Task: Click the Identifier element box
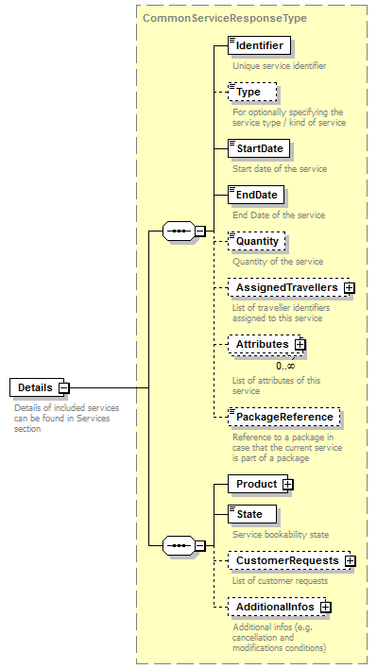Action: [258, 45]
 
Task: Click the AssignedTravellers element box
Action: [286, 287]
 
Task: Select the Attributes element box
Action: [262, 345]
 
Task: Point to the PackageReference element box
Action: [283, 417]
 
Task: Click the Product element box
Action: [256, 484]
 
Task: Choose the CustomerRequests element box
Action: [286, 560]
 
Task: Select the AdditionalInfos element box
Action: [274, 607]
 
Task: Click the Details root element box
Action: [35, 387]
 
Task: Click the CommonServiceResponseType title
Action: [224, 17]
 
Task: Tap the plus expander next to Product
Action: [288, 484]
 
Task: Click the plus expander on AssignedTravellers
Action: [349, 287]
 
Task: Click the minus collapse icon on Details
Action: [64, 387]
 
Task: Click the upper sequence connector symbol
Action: [179, 230]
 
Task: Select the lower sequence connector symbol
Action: [179, 545]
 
